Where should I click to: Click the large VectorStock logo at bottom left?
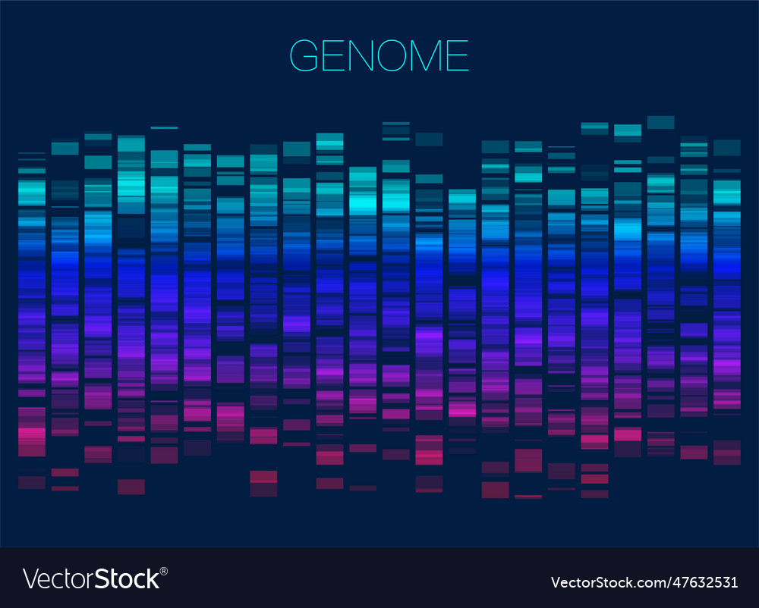click(x=91, y=578)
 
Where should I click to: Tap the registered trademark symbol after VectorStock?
click(x=163, y=569)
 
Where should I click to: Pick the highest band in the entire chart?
click(x=660, y=122)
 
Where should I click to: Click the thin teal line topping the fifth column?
click(x=164, y=128)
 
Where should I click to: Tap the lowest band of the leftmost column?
click(x=32, y=482)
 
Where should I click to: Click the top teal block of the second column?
click(x=65, y=149)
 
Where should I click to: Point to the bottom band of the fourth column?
click(x=131, y=487)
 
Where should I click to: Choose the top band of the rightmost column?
click(x=726, y=147)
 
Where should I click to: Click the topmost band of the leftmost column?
click(x=32, y=153)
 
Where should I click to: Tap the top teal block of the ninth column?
click(x=297, y=149)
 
